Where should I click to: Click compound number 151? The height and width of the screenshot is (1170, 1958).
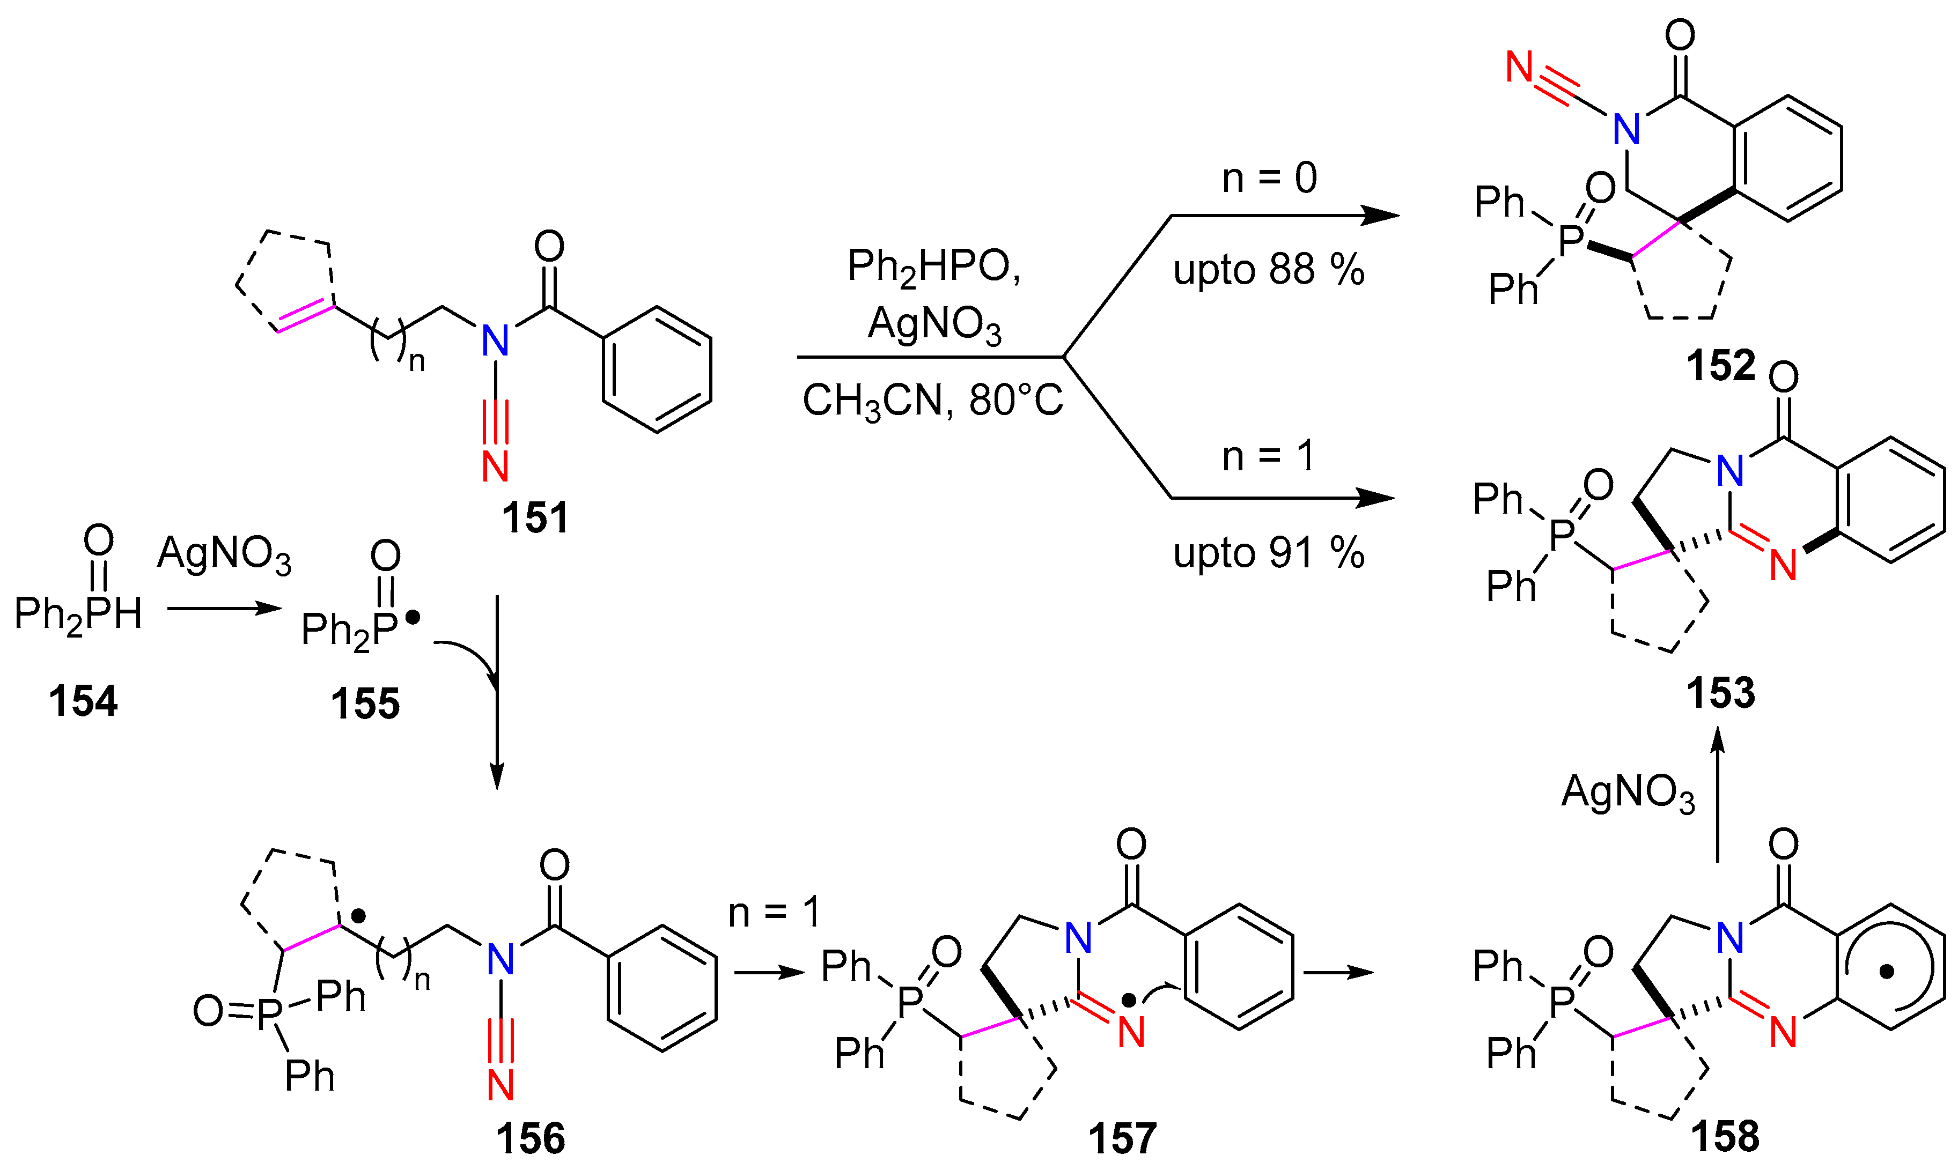(x=535, y=519)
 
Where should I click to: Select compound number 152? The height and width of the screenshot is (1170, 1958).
(x=1721, y=366)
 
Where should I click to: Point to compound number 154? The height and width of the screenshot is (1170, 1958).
(x=83, y=701)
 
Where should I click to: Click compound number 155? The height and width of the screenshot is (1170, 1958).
(x=365, y=704)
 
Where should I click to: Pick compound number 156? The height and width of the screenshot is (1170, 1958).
(x=531, y=1138)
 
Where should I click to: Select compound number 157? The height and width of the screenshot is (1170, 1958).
(x=1122, y=1138)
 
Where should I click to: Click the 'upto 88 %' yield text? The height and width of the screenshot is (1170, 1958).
(x=1268, y=270)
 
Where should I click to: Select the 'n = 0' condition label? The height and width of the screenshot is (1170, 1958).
(x=1269, y=178)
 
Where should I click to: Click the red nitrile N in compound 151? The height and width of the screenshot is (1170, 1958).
(x=495, y=466)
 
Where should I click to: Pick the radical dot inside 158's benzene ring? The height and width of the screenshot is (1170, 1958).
(x=1886, y=972)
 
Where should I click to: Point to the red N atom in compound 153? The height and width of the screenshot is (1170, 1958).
(x=1783, y=565)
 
